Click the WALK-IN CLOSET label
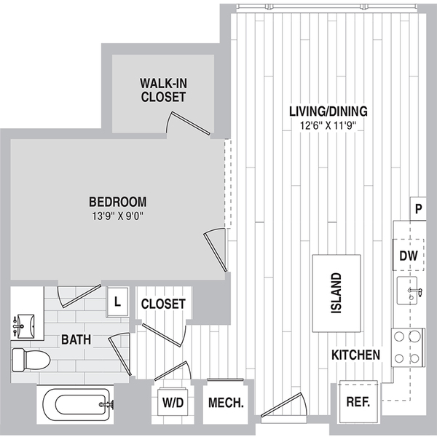163,90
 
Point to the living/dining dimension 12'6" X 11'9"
328,126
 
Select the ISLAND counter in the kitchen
336,294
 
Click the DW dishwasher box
409,255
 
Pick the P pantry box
418,208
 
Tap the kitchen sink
407,291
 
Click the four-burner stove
408,347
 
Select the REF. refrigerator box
358,402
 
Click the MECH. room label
226,403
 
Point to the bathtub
75,405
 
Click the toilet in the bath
31,360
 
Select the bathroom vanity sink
25,326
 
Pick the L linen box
117,302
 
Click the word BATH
76,339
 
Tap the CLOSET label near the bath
163,304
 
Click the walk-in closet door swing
188,122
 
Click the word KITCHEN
355,355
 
